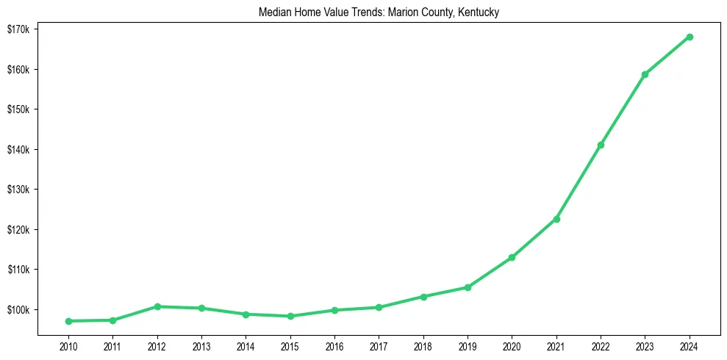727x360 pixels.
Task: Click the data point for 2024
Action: [690, 37]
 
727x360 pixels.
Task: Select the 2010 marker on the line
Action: [68, 321]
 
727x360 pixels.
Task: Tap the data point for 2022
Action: [601, 145]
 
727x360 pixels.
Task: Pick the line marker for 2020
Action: [512, 257]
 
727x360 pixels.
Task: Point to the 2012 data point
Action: [157, 306]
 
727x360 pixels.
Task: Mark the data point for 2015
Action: [290, 316]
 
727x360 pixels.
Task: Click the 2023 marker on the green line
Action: [645, 74]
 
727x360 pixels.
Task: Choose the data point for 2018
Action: [423, 297]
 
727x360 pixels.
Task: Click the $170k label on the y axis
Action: [18, 29]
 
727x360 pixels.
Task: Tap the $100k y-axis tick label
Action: [18, 309]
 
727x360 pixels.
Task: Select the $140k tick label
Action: [18, 150]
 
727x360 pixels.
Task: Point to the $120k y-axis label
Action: [18, 230]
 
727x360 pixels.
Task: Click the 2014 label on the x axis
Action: [246, 346]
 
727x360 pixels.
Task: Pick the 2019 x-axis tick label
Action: [468, 346]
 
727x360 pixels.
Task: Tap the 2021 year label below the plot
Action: [556, 346]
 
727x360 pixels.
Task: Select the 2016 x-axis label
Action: [334, 346]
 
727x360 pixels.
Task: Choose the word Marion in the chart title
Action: [406, 13]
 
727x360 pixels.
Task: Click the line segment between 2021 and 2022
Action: [579, 181]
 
